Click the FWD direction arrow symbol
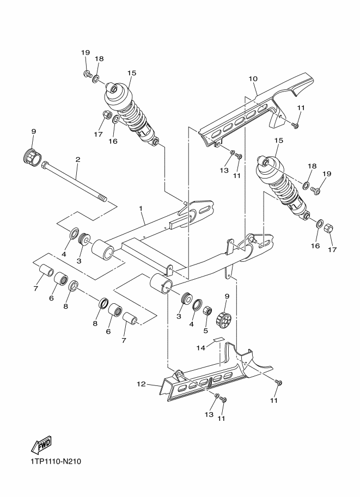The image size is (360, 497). tap(41, 444)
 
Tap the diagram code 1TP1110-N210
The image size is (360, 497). tap(56, 461)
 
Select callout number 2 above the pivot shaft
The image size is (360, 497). tap(78, 159)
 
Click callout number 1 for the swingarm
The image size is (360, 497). tap(141, 208)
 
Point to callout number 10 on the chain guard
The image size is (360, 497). tap(253, 78)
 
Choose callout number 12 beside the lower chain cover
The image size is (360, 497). tap(141, 384)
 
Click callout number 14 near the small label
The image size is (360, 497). tap(201, 348)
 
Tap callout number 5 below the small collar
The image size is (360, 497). tap(205, 330)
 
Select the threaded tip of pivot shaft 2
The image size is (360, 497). tap(102, 199)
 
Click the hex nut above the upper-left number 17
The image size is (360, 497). tap(107, 114)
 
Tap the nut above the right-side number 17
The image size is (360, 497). tap(328, 228)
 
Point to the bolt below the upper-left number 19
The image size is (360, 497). tap(87, 75)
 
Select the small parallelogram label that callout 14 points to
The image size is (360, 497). tap(218, 339)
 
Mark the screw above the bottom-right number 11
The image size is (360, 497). tap(279, 382)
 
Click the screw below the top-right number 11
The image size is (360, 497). tap(295, 126)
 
